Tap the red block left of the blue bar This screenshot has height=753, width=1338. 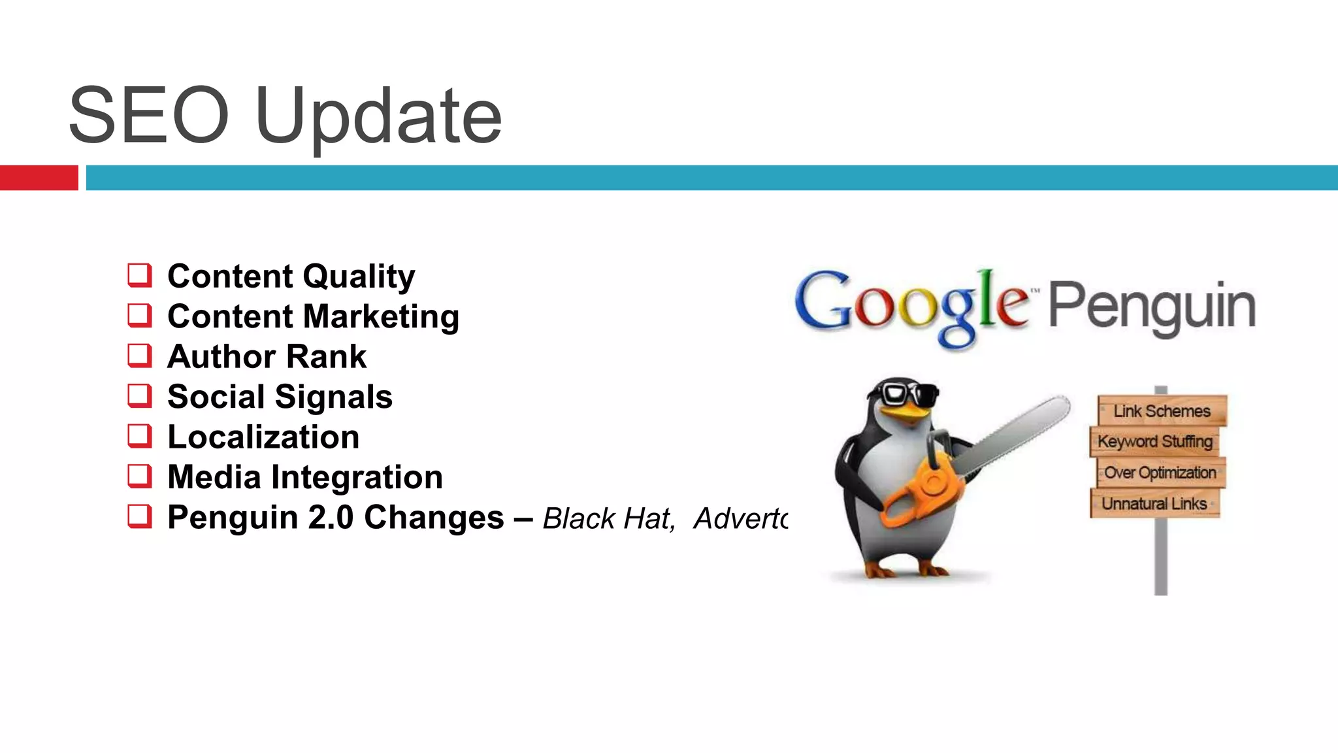tap(39, 178)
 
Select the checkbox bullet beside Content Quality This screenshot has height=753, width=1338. tap(140, 275)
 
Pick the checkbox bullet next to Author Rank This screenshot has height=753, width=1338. tap(140, 356)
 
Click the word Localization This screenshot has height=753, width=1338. tap(263, 437)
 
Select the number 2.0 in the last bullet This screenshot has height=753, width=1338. tap(331, 517)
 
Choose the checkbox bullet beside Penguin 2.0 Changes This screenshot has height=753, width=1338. tap(140, 516)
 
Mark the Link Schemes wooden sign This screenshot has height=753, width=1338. tap(1162, 410)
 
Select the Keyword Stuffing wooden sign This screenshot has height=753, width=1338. tap(1154, 441)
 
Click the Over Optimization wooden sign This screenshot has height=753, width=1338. tap(1160, 473)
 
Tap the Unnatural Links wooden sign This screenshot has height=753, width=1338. tap(1154, 503)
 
